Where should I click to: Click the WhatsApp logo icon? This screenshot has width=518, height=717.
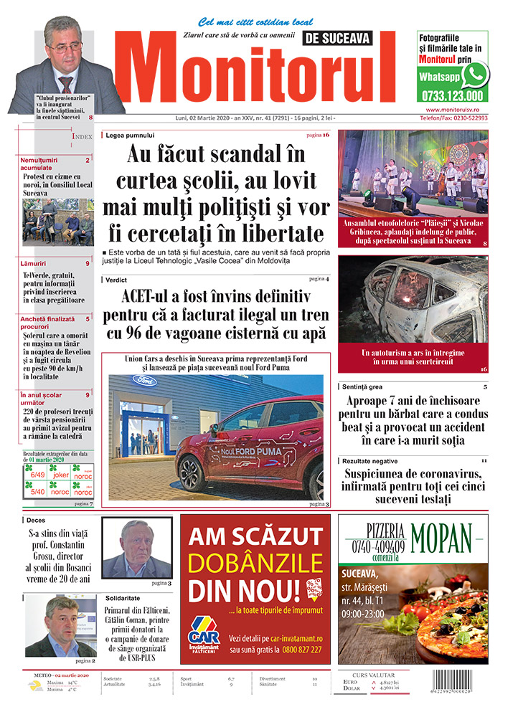[x=475, y=75]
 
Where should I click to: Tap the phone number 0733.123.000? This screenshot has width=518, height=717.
[x=452, y=95]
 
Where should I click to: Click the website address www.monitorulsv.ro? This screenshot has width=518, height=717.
[x=453, y=109]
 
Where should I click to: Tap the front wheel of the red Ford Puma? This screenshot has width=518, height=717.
[x=192, y=473]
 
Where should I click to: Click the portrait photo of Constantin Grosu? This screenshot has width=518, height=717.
[x=136, y=546]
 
